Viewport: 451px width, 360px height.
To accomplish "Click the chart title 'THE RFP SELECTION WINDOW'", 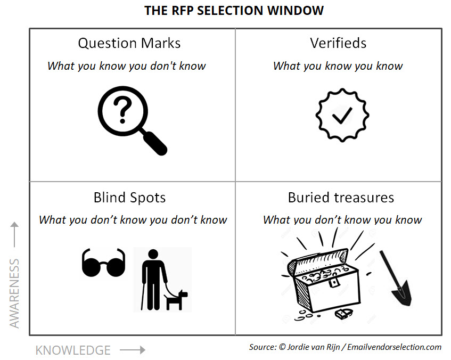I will coord(234,11).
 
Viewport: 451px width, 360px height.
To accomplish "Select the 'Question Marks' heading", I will coord(129,43).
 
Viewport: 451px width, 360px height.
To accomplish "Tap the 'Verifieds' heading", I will coord(338,43).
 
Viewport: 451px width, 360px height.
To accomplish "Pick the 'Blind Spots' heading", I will coord(129,198).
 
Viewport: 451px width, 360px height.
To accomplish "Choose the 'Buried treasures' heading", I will coord(341,198).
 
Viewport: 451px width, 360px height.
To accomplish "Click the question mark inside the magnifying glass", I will coord(123,110).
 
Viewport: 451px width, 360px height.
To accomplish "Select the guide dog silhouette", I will coord(176,299).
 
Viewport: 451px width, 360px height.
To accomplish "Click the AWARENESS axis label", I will coord(15,293).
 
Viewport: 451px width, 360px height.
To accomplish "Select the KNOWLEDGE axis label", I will coord(73,350).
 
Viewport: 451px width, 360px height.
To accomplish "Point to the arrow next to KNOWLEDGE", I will coord(132,350).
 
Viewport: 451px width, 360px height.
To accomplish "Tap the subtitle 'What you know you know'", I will coord(338,66).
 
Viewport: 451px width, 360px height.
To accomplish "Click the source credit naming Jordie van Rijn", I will coord(345,347).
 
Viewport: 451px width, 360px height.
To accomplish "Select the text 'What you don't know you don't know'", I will coord(133,219).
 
